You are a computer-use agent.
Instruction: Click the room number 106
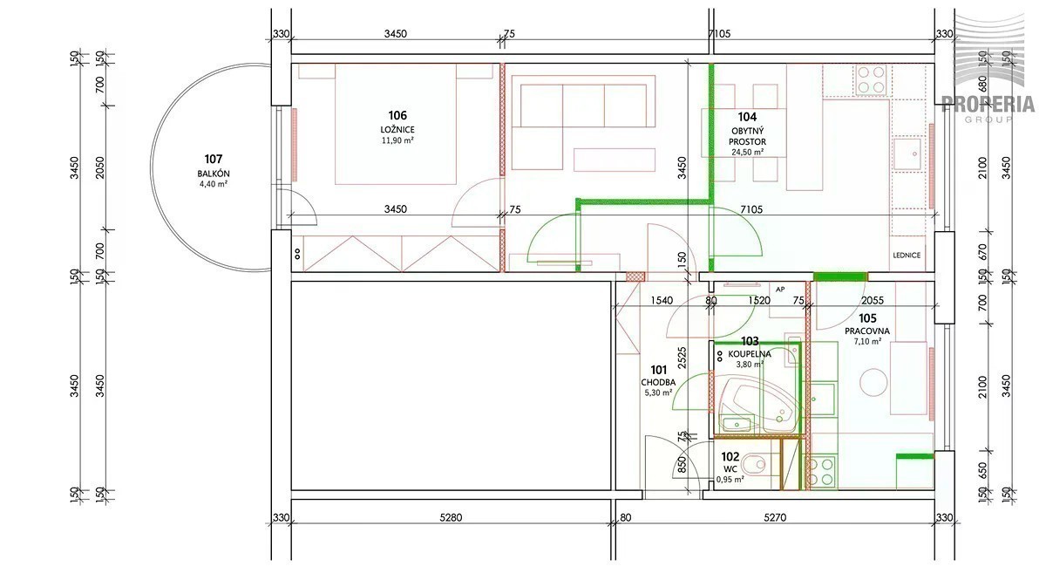click(x=397, y=115)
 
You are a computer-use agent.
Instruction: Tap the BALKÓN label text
click(x=214, y=174)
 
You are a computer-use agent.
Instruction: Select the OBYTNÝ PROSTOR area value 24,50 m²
click(x=748, y=152)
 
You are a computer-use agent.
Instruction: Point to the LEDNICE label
click(x=907, y=256)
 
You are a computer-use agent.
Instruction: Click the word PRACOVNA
click(x=867, y=331)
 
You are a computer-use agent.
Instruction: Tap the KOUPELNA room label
click(x=750, y=354)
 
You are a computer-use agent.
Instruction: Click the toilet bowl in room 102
click(x=754, y=464)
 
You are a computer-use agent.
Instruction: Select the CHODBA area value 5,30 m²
click(x=658, y=392)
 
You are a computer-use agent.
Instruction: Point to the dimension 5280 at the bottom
click(x=451, y=517)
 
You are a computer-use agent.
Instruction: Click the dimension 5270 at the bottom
click(x=775, y=517)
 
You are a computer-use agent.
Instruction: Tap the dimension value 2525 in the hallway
click(x=682, y=358)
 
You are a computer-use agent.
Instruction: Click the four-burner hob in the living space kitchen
click(x=871, y=79)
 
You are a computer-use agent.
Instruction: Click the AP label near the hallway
click(x=780, y=290)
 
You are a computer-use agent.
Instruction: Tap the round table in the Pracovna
click(x=873, y=382)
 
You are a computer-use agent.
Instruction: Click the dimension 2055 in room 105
click(x=873, y=301)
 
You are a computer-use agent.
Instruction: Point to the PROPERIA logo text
click(x=988, y=104)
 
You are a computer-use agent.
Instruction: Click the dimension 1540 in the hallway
click(x=662, y=301)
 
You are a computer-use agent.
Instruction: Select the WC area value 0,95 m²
click(x=730, y=479)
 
